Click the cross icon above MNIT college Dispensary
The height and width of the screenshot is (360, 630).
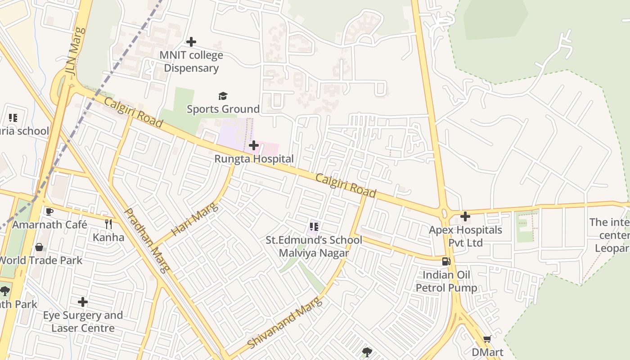(191, 42)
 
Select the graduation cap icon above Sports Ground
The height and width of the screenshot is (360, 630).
(223, 96)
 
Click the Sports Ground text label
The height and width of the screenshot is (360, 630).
(223, 109)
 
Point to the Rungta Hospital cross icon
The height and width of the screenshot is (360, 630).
(254, 145)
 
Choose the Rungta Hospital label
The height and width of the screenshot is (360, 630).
(254, 159)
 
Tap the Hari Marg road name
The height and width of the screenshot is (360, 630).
(195, 219)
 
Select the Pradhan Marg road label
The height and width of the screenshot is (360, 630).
(147, 240)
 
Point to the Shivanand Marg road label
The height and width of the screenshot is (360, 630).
(285, 322)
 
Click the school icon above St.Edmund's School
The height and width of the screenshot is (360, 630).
(314, 227)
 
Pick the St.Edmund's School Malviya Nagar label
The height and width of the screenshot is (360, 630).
(314, 247)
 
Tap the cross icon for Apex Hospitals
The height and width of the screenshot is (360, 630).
(465, 216)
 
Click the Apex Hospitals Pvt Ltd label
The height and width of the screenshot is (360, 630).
(465, 236)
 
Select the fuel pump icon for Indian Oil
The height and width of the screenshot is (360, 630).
(446, 261)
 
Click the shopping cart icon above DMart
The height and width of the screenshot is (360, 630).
(487, 339)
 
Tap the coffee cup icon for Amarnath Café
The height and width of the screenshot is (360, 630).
(49, 211)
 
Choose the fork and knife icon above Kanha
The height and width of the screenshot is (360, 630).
(108, 224)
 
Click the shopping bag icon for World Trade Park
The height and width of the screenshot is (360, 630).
(40, 247)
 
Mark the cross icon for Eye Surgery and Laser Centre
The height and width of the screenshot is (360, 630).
(83, 302)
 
